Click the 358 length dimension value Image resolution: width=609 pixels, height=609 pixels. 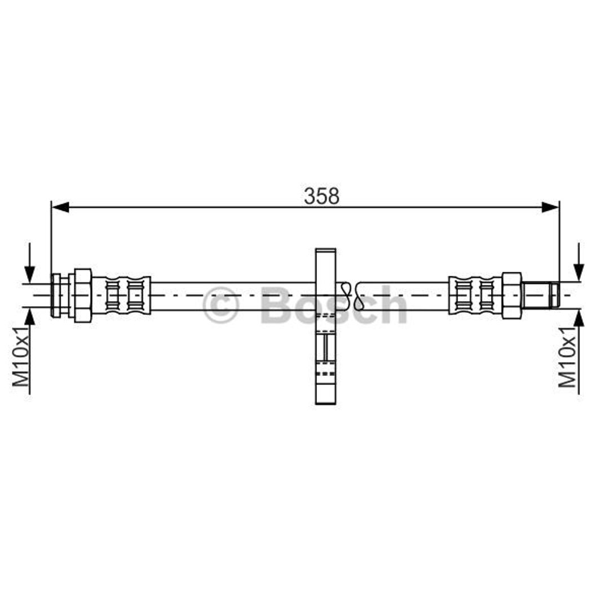click(321, 196)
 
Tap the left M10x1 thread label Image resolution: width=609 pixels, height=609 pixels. click(21, 356)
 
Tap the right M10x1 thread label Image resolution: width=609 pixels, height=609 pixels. click(567, 357)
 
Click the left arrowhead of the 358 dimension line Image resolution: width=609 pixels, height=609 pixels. click(60, 207)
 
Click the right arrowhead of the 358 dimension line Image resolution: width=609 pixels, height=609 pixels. click(550, 207)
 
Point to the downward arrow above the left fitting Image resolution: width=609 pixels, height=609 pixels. click(29, 263)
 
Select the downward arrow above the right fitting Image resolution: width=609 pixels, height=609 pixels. click(579, 262)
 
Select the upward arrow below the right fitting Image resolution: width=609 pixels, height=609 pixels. click(579, 352)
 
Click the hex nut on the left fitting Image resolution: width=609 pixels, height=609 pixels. click(83, 295)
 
